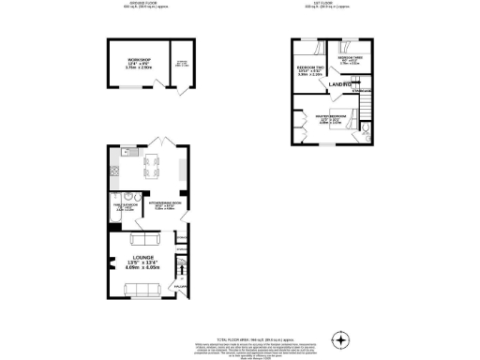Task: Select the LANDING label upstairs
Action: click(339, 85)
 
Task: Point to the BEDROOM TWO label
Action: click(310, 68)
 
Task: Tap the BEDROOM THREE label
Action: click(351, 58)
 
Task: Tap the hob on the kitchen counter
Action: click(115, 171)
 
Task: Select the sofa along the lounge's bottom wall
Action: click(143, 287)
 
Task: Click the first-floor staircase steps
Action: click(367, 98)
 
